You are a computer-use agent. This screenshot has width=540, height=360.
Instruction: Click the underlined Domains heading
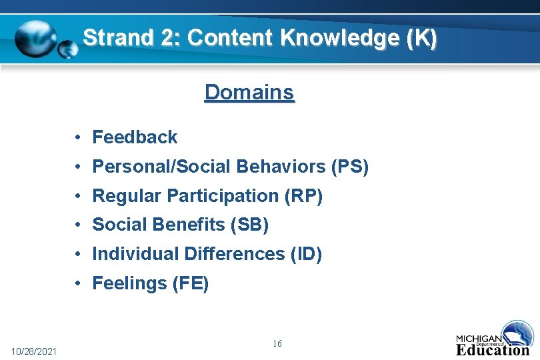coord(249,92)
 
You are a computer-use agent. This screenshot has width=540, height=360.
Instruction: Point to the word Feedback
coord(135,137)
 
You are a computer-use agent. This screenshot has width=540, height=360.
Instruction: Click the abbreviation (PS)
coord(349,167)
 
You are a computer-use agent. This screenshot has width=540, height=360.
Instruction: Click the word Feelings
coord(129,284)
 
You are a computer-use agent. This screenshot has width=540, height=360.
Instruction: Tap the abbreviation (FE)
coord(191,284)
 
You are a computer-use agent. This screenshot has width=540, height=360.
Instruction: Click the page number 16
coord(277,343)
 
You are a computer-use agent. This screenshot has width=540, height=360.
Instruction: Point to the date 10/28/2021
coord(34,351)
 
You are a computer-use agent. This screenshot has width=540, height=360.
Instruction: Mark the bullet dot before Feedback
coord(78,137)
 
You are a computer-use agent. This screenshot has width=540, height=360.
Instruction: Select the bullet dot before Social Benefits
coord(78,225)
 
